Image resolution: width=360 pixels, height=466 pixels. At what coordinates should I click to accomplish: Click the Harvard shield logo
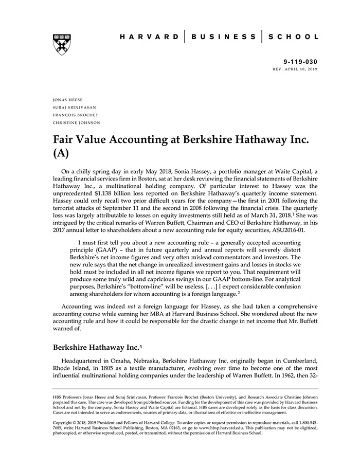61,45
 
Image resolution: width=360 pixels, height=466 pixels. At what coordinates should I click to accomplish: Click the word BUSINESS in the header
223,37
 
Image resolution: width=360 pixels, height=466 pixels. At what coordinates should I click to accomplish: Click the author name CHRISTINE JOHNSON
76,123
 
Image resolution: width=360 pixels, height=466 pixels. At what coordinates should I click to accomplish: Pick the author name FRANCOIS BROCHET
75,115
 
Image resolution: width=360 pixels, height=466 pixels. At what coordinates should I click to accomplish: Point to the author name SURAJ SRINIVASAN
74,107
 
